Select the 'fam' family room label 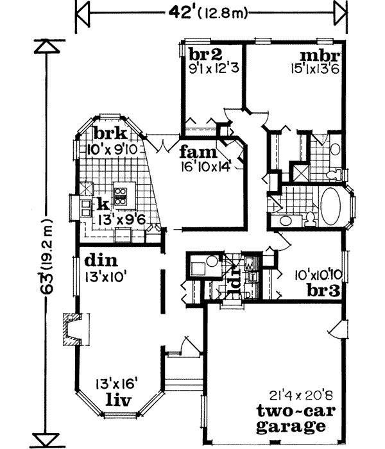pos(194,153)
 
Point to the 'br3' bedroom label pos(321,290)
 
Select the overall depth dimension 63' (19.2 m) pos(44,242)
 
